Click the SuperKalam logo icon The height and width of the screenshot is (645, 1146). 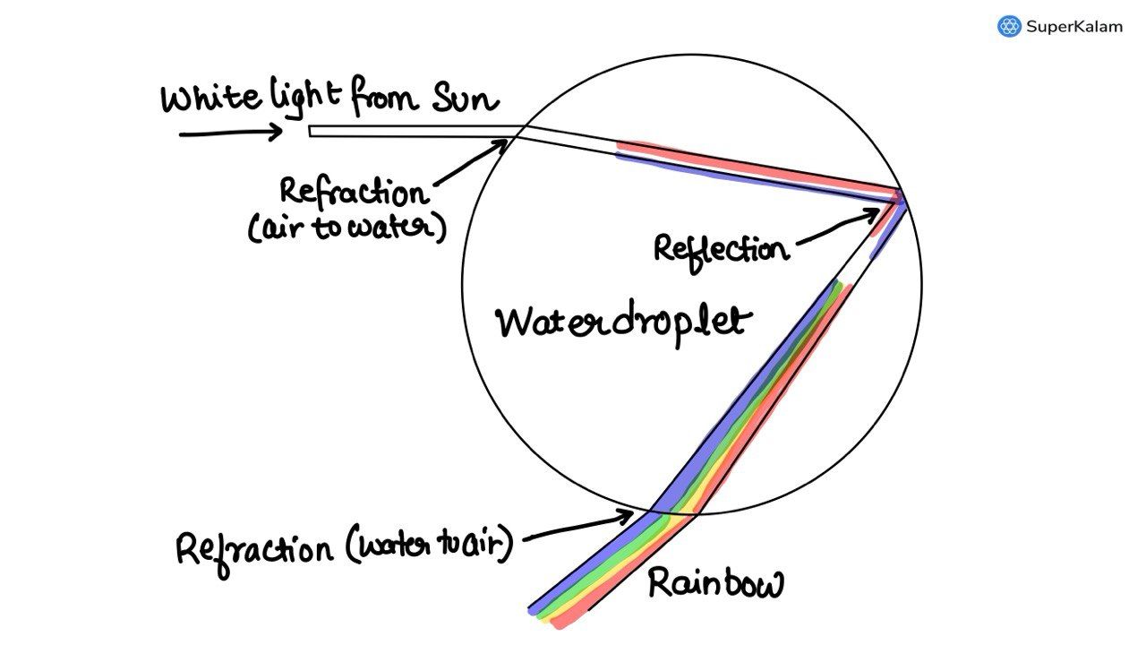1009,26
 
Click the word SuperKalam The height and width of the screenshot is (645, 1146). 1073,27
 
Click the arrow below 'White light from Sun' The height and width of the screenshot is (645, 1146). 231,133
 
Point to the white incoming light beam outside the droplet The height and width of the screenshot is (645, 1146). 403,131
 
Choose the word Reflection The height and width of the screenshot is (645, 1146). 721,247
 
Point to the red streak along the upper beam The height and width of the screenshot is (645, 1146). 752,165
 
